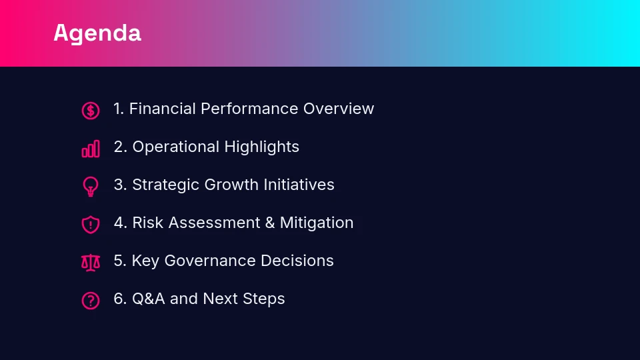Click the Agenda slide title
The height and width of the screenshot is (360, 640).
tap(97, 33)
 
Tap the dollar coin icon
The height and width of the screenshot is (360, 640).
tap(91, 111)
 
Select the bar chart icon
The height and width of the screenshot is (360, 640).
tap(91, 149)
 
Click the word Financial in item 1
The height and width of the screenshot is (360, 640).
tap(163, 109)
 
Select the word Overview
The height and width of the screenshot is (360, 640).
tap(339, 109)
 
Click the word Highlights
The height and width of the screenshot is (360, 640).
tap(261, 147)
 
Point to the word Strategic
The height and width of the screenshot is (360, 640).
tap(166, 185)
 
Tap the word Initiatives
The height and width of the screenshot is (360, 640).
tap(299, 185)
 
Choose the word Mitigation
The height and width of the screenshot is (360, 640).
tap(316, 223)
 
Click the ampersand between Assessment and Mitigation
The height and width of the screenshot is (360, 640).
tap(270, 223)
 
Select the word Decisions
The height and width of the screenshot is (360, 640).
tap(297, 261)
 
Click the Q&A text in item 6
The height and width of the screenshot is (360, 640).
tap(149, 299)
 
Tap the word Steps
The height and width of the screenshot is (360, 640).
tap(264, 299)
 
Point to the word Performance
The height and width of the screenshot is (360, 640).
tap(249, 109)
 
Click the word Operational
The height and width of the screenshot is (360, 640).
tap(176, 147)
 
